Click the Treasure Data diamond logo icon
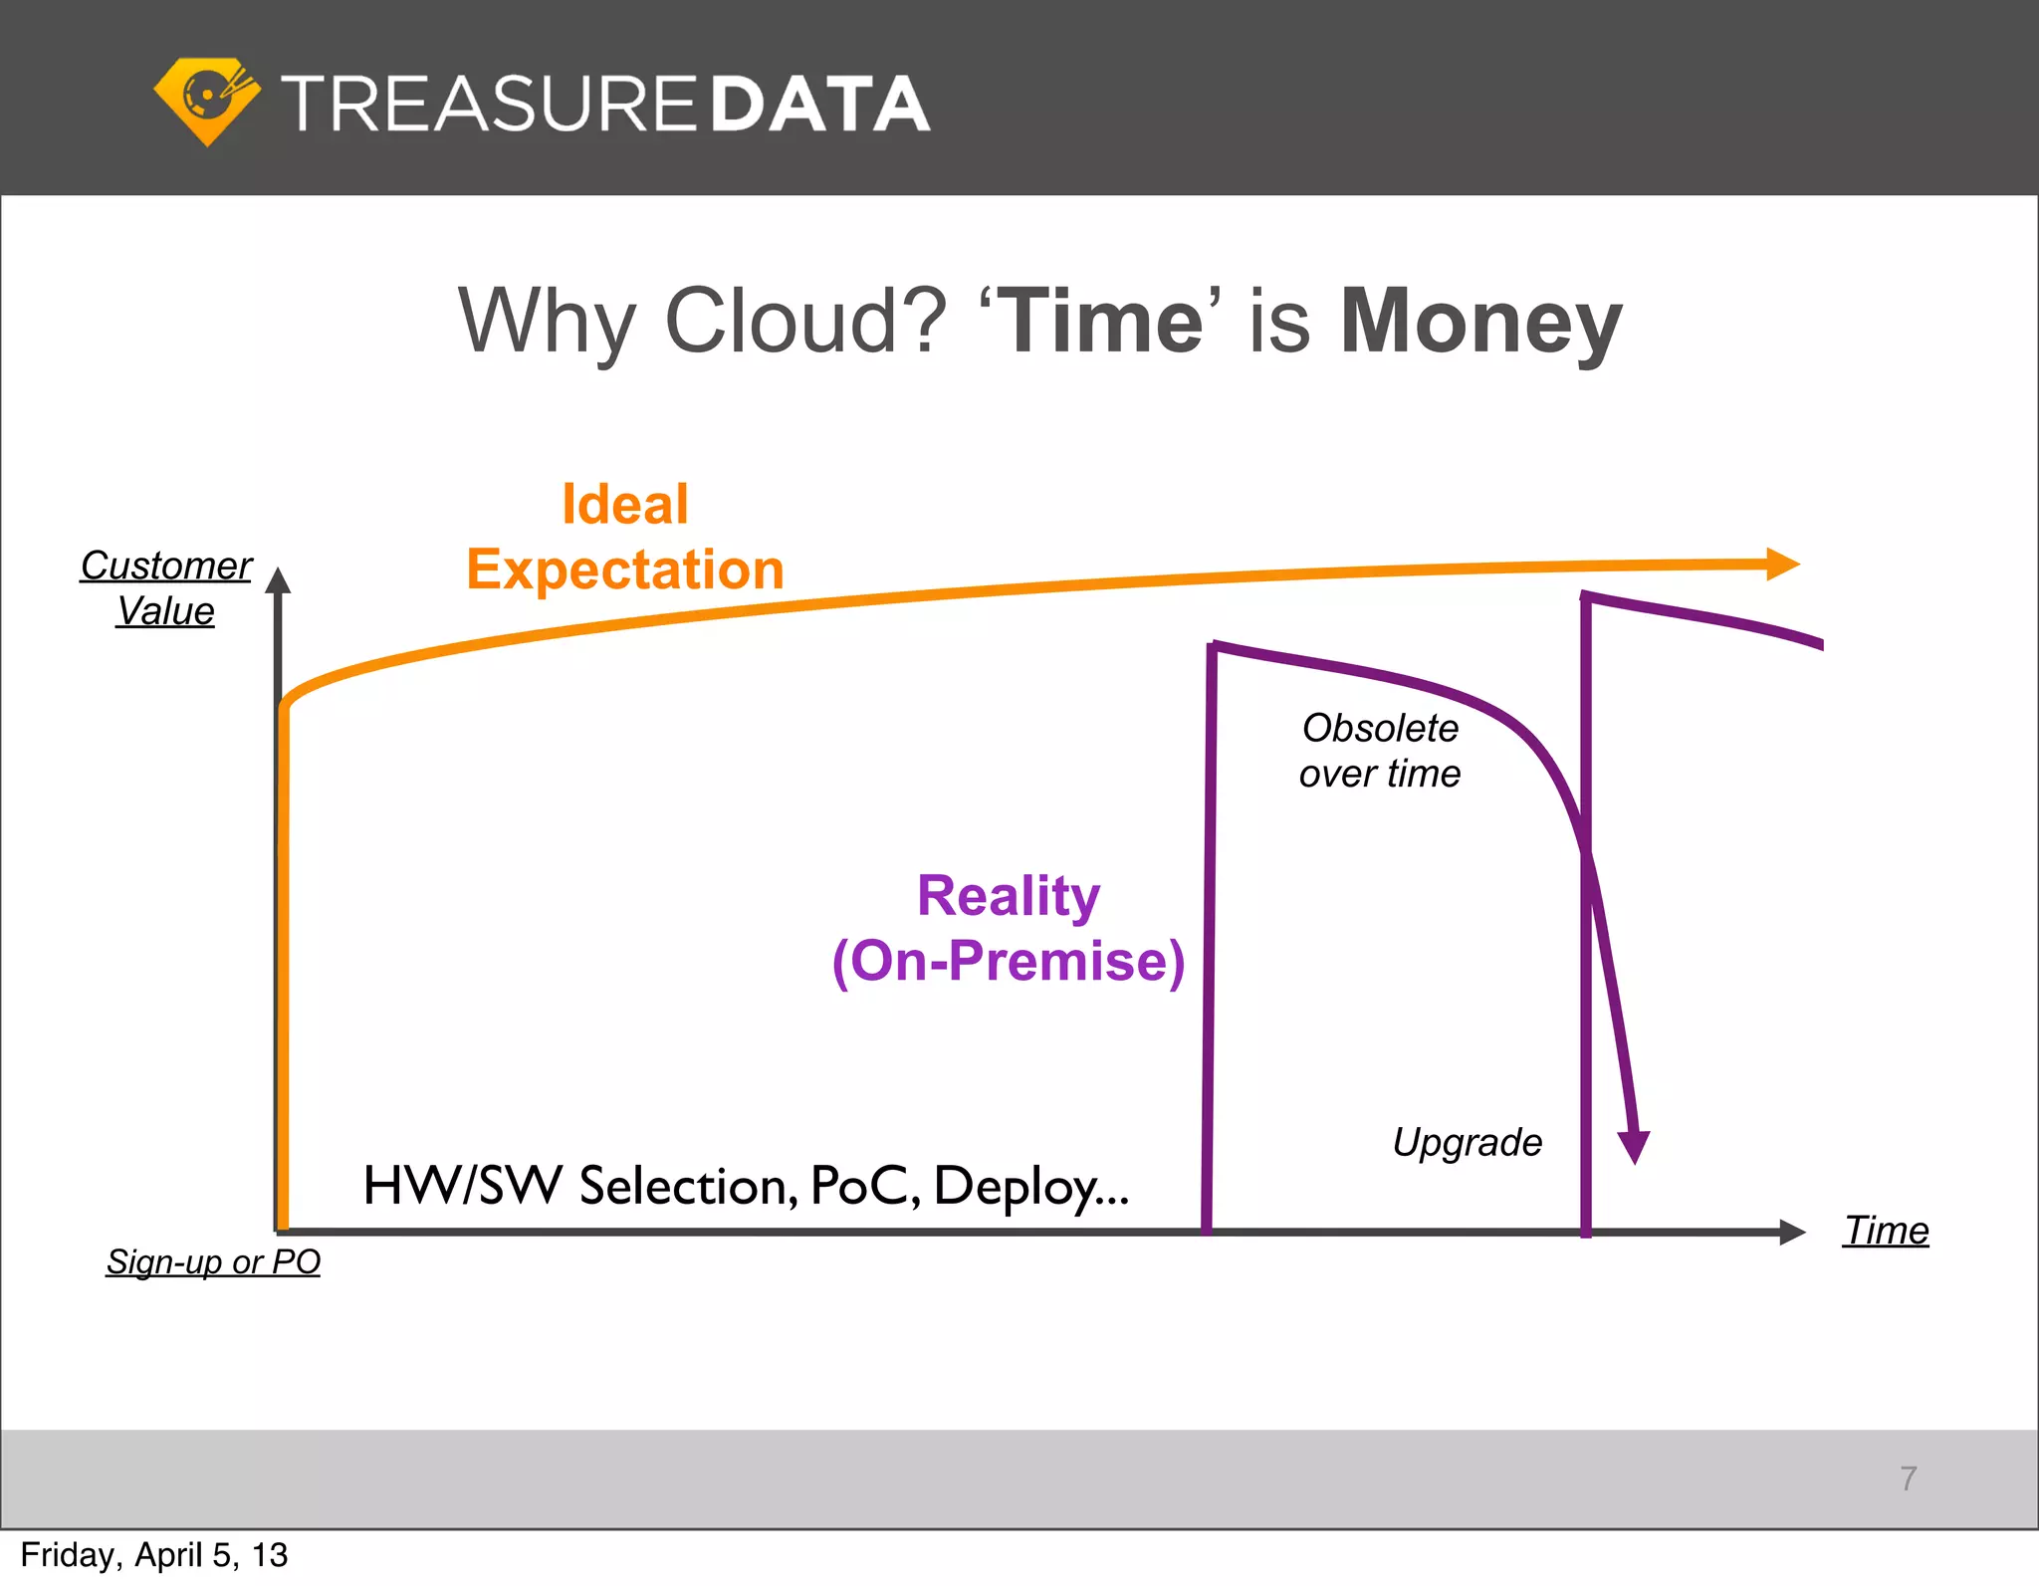point(207,101)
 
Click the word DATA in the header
point(820,105)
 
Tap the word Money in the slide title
point(1481,321)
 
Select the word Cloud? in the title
point(804,321)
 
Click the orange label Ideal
point(625,504)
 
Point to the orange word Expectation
point(625,569)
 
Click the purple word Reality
point(1009,895)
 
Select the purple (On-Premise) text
point(1009,961)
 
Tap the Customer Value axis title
point(166,587)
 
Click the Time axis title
point(1886,1231)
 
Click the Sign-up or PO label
point(213,1261)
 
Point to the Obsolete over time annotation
point(1380,751)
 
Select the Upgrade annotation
point(1468,1142)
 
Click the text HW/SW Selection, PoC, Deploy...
point(746,1186)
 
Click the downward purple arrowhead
point(1634,1146)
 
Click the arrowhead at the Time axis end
point(1791,1232)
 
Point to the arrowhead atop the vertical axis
point(279,580)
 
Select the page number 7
point(1908,1478)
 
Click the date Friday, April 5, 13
point(154,1555)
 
